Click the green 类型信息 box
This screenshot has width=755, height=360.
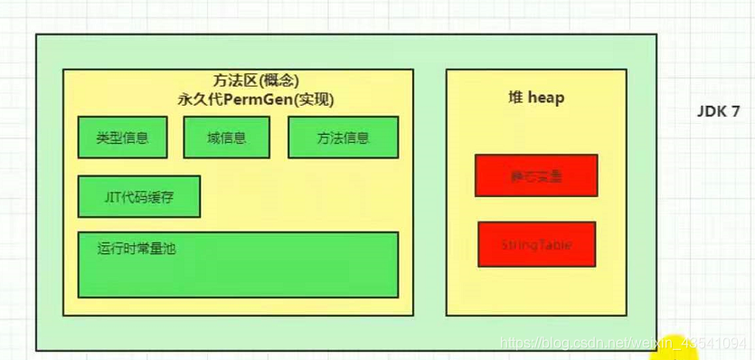tap(122, 137)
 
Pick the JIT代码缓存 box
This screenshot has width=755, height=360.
tap(139, 196)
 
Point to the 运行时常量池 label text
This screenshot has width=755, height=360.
tap(137, 247)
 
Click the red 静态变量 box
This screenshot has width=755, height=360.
tap(536, 175)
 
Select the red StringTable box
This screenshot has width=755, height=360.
tap(537, 244)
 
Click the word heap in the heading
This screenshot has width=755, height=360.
tap(546, 97)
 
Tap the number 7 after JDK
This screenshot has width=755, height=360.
tap(736, 112)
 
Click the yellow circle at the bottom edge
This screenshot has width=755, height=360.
tap(676, 347)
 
